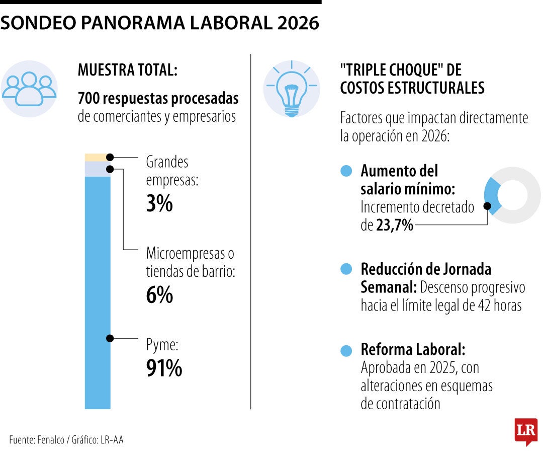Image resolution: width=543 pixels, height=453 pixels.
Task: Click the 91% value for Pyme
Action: (x=164, y=369)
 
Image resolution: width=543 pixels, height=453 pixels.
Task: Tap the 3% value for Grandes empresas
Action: (x=159, y=204)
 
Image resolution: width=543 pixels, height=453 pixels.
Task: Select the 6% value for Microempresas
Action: (x=159, y=295)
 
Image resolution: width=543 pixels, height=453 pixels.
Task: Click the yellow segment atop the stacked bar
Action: (x=96, y=157)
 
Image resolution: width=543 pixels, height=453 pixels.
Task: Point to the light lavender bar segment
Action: (x=96, y=169)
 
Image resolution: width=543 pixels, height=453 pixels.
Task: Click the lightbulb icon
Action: (x=291, y=89)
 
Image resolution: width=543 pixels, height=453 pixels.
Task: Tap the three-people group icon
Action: (x=29, y=89)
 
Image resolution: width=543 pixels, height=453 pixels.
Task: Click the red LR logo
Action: (x=525, y=431)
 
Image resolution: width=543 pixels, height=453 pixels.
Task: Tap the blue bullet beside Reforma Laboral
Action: (x=346, y=351)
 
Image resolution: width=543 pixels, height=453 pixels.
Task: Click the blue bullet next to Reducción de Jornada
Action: (x=346, y=270)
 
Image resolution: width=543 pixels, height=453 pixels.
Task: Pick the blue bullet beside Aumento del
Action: (x=346, y=171)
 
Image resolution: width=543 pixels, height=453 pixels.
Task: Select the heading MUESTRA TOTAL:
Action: (x=127, y=70)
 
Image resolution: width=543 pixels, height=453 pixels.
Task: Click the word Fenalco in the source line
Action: (x=50, y=439)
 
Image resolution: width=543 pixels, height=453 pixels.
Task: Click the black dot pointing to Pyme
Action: (x=110, y=338)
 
